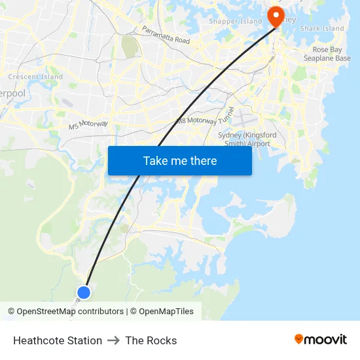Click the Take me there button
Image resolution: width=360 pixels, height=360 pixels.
pos(180,160)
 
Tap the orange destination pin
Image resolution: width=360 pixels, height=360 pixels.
pos(276,16)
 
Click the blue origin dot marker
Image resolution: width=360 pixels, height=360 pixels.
pos(84,293)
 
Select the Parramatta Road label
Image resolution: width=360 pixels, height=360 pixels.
pos(166,35)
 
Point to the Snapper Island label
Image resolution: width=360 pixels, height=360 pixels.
pos(235,22)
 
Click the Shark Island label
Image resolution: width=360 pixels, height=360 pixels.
pos(322,29)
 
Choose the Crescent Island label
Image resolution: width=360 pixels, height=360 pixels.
pos(35,77)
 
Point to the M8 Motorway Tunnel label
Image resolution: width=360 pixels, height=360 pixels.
pos(205,116)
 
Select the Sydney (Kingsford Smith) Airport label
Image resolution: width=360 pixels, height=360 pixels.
pos(247,139)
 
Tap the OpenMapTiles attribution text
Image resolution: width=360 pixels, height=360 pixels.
pos(166,312)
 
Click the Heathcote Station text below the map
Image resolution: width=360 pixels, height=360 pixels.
pos(58,340)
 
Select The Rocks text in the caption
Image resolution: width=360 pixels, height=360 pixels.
pos(151,340)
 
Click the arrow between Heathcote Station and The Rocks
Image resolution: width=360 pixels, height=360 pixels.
pos(113,340)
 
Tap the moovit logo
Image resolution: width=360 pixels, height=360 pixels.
pos(321,339)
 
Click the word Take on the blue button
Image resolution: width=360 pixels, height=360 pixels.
pos(155,160)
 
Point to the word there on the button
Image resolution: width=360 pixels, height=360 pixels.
pos(201,160)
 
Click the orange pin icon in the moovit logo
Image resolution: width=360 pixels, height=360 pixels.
pos(299,339)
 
